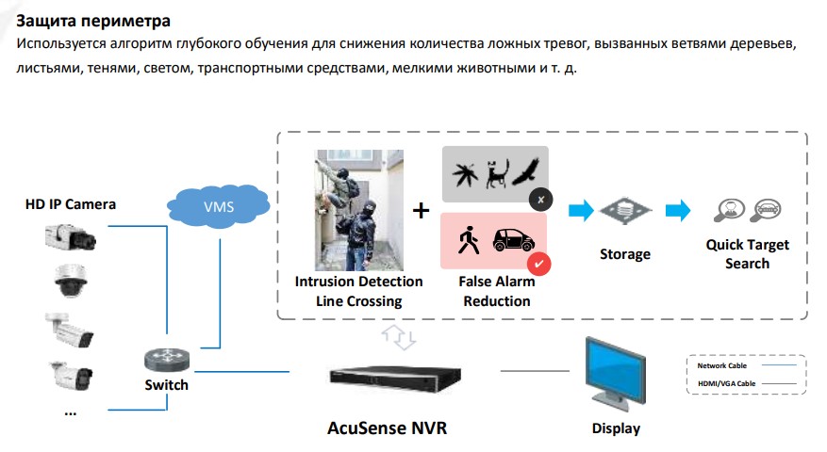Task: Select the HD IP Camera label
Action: [x=71, y=203]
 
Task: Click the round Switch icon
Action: [x=166, y=360]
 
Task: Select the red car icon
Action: [x=513, y=239]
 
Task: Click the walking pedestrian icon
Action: [x=467, y=240]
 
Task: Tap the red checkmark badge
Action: [x=538, y=263]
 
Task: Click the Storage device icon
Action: [x=625, y=211]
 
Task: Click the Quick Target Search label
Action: [x=747, y=254]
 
